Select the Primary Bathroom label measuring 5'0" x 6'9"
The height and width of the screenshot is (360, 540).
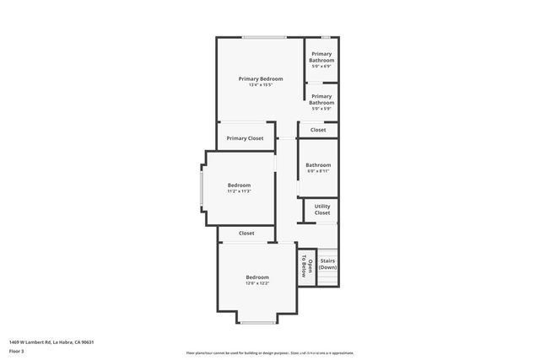click(321, 57)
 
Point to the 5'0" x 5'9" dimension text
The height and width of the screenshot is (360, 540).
click(321, 109)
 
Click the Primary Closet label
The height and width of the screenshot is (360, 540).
click(245, 138)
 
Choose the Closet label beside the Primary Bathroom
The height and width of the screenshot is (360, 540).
click(318, 130)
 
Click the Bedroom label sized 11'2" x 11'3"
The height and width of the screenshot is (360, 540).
click(240, 185)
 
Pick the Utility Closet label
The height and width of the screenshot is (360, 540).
click(322, 209)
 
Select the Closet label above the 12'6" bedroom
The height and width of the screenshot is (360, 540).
click(246, 234)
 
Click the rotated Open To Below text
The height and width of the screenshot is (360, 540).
click(306, 266)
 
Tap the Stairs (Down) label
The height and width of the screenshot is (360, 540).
click(327, 264)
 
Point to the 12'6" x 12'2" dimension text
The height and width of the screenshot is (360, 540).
click(257, 284)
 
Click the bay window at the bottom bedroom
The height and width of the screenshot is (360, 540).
click(257, 322)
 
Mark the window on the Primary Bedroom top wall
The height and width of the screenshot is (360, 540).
click(263, 37)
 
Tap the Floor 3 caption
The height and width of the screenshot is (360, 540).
click(17, 352)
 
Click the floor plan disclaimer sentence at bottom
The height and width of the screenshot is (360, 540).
click(270, 352)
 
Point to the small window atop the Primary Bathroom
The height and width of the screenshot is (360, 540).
click(325, 37)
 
